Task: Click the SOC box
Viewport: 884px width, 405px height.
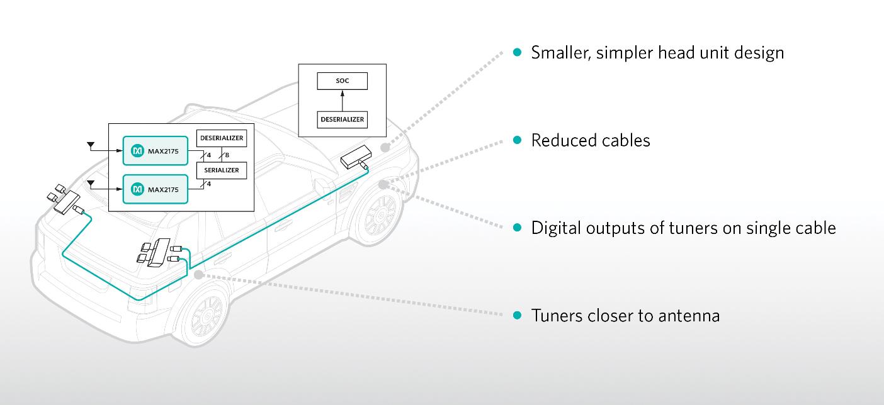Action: (x=342, y=81)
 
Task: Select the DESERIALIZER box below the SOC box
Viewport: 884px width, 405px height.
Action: (x=342, y=119)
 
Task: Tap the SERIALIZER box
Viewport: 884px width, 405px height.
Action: (x=222, y=170)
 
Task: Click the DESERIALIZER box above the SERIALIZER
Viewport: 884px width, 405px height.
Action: (x=222, y=138)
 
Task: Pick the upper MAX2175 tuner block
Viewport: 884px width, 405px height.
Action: (x=155, y=151)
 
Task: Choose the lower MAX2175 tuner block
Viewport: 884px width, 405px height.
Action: (x=155, y=189)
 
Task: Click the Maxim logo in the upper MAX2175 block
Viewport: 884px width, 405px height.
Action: (x=137, y=151)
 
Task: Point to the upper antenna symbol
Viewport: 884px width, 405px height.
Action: (x=91, y=146)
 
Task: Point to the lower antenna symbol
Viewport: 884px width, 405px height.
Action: (x=91, y=184)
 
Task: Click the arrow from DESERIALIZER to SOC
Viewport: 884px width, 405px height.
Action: (x=342, y=101)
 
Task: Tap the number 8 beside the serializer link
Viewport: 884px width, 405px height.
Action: (x=227, y=155)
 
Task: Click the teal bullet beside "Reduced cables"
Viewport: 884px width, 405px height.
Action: (x=517, y=140)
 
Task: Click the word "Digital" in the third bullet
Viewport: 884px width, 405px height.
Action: (x=556, y=228)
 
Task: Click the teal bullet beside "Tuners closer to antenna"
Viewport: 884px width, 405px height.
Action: (x=517, y=315)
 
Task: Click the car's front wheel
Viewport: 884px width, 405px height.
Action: (x=380, y=215)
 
